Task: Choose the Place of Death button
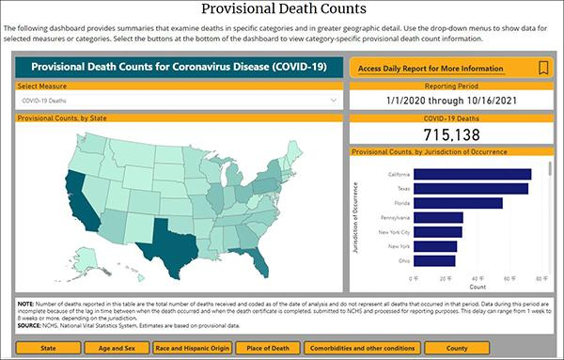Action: tap(280, 347)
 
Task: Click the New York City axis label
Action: tap(392, 232)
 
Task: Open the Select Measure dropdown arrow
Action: tap(333, 99)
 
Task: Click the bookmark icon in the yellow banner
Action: tap(542, 68)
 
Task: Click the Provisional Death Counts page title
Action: tap(282, 11)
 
